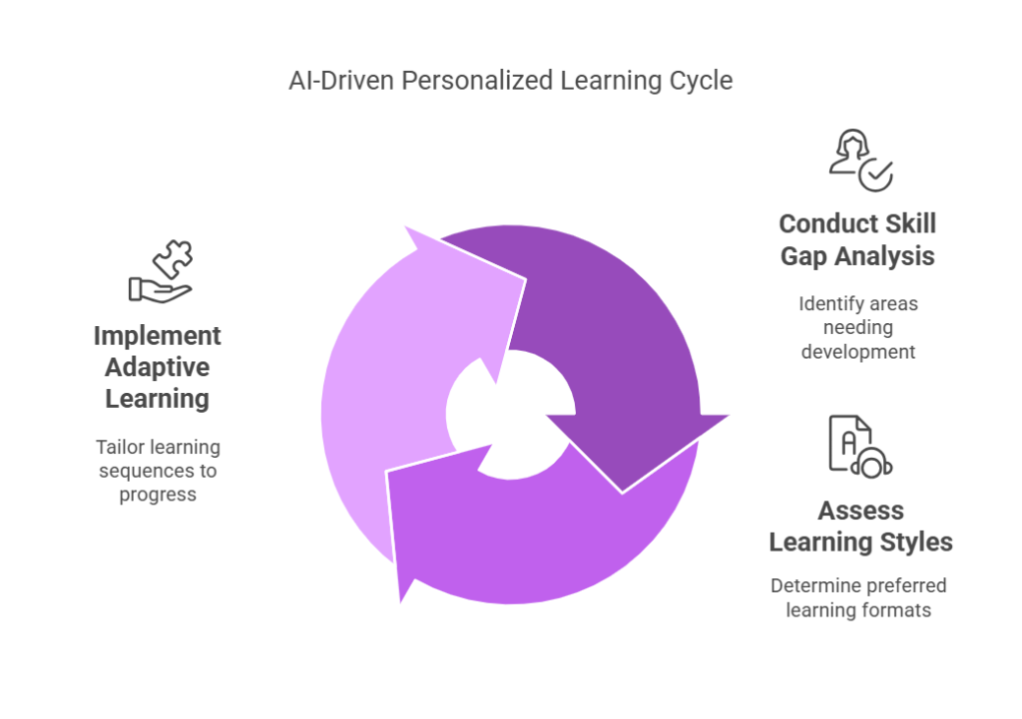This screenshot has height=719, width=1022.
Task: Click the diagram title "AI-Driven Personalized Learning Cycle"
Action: pos(510,81)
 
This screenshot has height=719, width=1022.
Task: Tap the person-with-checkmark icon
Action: pos(860,160)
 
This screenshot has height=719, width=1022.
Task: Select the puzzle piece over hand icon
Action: pos(161,271)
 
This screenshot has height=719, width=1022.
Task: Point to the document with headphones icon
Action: pos(859,446)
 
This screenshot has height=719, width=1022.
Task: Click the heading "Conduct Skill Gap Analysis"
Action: pos(857,239)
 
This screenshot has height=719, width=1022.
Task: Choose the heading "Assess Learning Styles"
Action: pos(860,527)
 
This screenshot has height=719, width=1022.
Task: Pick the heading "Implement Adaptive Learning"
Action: pos(157,367)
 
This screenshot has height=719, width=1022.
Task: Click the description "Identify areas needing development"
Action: pos(857,327)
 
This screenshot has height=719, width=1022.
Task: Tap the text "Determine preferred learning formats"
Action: pos(858,597)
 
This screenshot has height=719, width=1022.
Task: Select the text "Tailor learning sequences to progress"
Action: pos(157,470)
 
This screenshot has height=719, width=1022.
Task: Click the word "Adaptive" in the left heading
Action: pos(158,367)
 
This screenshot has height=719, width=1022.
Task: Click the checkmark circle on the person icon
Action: pos(876,175)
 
